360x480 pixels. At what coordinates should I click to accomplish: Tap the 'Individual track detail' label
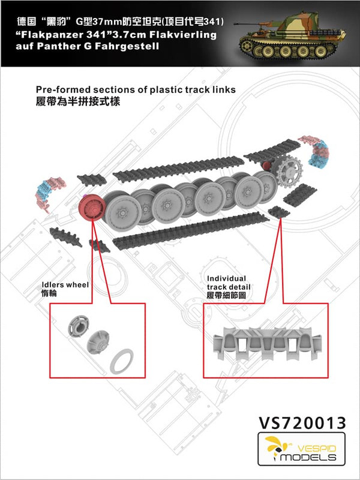(227, 283)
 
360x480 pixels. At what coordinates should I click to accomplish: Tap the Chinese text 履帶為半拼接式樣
(79, 101)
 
